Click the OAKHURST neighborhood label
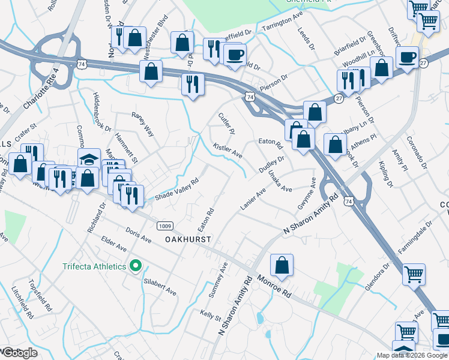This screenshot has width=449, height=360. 188,239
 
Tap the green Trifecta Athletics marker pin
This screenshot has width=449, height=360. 136,265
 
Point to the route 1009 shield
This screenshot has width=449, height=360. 165,226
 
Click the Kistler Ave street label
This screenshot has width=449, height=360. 228,151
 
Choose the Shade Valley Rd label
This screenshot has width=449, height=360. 177,189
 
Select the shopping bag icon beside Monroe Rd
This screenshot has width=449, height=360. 282,265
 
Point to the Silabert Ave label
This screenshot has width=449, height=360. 160,287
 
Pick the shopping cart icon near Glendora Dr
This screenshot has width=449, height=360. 414,274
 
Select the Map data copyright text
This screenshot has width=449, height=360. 411,355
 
